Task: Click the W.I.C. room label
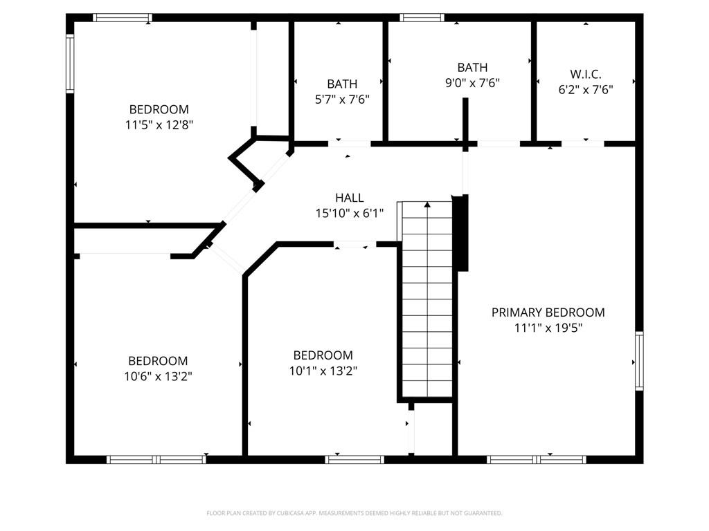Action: (x=586, y=74)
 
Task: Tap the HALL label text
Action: (x=350, y=198)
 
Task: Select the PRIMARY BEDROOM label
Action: (x=548, y=313)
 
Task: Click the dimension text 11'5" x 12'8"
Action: (x=159, y=124)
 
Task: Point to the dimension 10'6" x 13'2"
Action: (x=159, y=376)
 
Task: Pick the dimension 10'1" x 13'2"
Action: (x=323, y=371)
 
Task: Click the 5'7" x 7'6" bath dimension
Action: (x=342, y=100)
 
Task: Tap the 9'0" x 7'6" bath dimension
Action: (x=472, y=83)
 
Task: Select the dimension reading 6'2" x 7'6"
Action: (x=586, y=89)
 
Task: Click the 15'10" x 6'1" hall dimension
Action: (x=350, y=213)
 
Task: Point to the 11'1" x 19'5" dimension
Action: (x=548, y=328)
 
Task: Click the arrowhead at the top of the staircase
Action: (x=427, y=205)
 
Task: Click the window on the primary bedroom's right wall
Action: (x=639, y=361)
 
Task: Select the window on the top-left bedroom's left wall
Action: (x=70, y=64)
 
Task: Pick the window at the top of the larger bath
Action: (x=422, y=17)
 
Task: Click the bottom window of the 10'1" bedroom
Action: (x=354, y=460)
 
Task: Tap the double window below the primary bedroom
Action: (x=537, y=460)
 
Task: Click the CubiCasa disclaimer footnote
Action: (x=354, y=513)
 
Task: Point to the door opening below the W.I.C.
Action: (x=583, y=144)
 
